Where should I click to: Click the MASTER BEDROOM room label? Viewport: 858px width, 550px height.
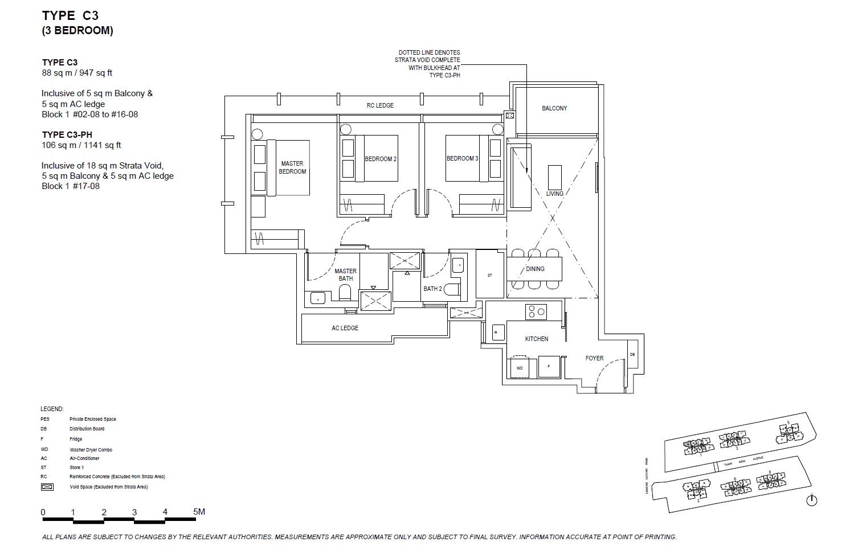pos(292,167)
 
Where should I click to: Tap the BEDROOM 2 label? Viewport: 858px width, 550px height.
pos(381,159)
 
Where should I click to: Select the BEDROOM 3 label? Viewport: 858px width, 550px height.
pos(462,158)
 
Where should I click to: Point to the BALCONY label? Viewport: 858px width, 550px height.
pos(554,108)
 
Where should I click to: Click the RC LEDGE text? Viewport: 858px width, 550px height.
pos(380,105)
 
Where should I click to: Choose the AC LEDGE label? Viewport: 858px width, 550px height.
pos(345,328)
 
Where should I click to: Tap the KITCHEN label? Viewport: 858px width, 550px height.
pos(536,339)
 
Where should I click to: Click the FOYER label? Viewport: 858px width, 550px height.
pos(594,358)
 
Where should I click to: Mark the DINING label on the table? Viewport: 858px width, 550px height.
pos(535,269)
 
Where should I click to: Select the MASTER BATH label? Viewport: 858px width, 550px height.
pos(345,275)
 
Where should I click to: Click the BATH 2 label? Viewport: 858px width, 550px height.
pos(432,289)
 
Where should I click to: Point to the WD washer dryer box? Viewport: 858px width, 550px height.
pos(520,368)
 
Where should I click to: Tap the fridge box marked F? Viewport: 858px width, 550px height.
pos(549,367)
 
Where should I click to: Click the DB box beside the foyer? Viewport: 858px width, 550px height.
pos(632,354)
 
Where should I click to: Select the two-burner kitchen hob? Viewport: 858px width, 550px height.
pos(536,311)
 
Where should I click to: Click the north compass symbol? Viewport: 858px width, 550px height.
pos(812,500)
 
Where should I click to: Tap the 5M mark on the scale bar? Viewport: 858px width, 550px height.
pos(199,512)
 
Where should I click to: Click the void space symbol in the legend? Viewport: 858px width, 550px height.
pos(47,487)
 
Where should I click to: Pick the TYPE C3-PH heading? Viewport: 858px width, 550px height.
pos(67,135)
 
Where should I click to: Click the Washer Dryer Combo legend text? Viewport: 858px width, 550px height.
pos(91,450)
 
